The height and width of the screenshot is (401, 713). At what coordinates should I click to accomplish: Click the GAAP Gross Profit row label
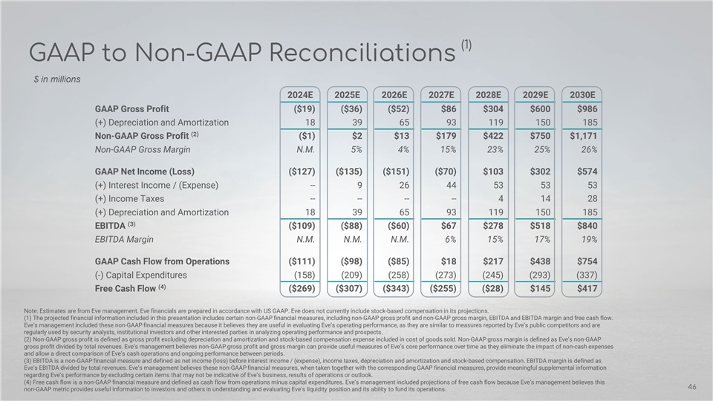(x=137, y=108)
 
